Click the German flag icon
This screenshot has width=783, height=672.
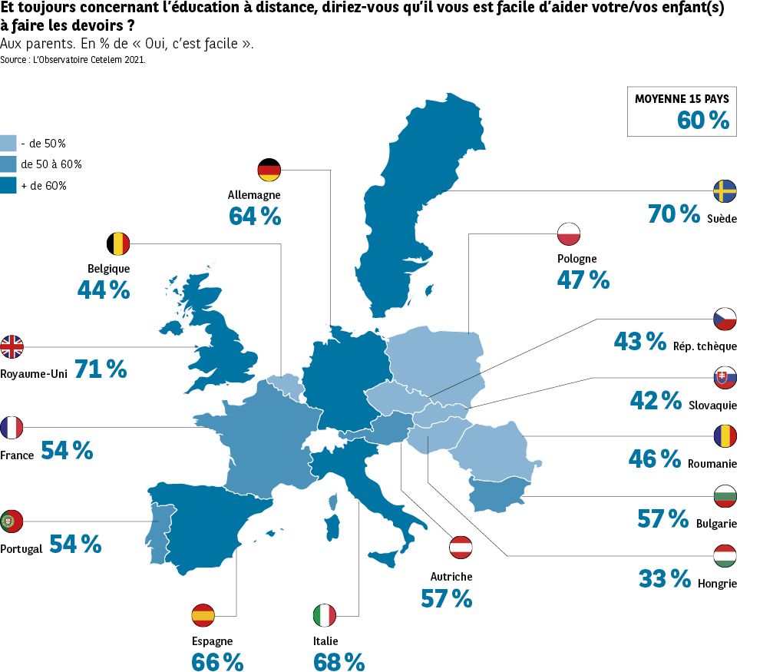(x=269, y=170)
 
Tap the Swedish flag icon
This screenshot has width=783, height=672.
(x=725, y=191)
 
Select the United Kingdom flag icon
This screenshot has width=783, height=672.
(x=12, y=347)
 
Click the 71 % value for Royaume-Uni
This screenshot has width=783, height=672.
(x=101, y=369)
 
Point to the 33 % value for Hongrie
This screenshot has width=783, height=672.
(x=665, y=578)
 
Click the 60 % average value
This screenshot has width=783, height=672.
(x=702, y=121)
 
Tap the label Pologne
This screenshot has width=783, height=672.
(x=577, y=259)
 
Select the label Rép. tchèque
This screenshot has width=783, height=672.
(x=705, y=346)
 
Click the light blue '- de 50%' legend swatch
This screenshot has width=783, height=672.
(x=8, y=143)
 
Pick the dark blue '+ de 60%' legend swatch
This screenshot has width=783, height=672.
(x=8, y=185)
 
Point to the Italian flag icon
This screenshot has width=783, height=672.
(x=324, y=615)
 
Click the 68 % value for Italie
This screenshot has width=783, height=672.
(x=339, y=661)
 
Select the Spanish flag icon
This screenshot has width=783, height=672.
(x=203, y=615)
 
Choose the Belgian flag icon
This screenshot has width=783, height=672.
(x=118, y=244)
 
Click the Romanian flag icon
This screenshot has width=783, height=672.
(x=725, y=436)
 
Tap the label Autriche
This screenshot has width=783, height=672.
(x=451, y=577)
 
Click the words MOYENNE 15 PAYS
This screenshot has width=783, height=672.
(x=682, y=99)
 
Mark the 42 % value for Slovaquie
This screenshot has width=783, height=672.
(x=656, y=400)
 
